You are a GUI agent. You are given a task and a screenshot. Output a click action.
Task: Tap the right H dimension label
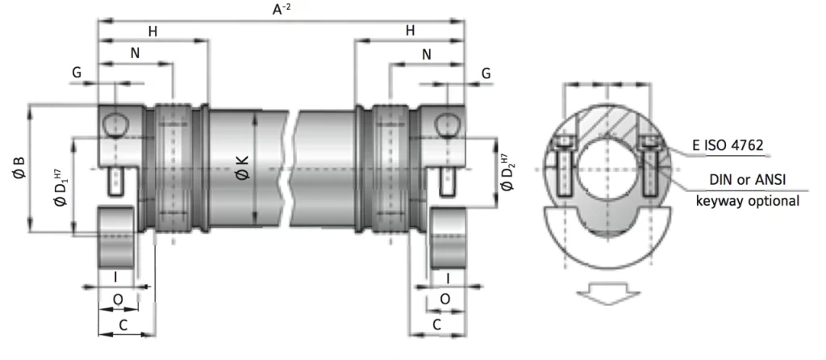(410, 31)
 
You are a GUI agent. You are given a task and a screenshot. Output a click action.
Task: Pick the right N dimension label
(426, 55)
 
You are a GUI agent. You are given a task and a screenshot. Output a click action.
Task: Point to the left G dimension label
(77, 73)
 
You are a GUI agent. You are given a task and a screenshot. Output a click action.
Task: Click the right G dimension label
(486, 73)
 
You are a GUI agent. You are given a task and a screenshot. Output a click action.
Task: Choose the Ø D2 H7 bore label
(507, 173)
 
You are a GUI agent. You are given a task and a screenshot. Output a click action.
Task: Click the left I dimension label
(115, 277)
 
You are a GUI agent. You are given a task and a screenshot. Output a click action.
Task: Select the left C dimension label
(123, 324)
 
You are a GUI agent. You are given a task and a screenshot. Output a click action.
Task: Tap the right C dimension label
(436, 324)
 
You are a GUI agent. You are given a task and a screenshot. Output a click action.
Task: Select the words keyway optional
(747, 201)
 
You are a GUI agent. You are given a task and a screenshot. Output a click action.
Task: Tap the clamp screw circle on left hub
(115, 124)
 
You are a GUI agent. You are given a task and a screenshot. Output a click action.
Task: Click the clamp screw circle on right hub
(446, 124)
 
